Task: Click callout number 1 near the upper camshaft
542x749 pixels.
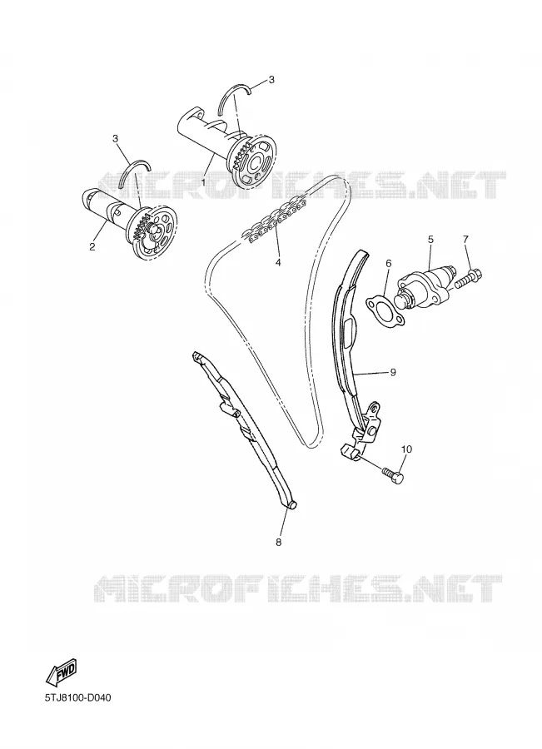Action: (203, 182)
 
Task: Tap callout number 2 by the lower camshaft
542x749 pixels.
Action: (92, 246)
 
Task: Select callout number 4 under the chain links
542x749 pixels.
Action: (278, 262)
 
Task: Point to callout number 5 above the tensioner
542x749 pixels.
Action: (430, 239)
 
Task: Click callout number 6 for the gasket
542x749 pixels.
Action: (389, 263)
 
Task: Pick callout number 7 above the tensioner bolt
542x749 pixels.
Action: (465, 239)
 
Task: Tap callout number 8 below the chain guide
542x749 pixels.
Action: (279, 542)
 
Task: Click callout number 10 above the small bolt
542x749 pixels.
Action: (406, 449)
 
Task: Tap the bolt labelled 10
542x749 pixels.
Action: (393, 475)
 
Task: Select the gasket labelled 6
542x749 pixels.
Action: (385, 310)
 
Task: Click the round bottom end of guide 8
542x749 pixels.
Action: (291, 504)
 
